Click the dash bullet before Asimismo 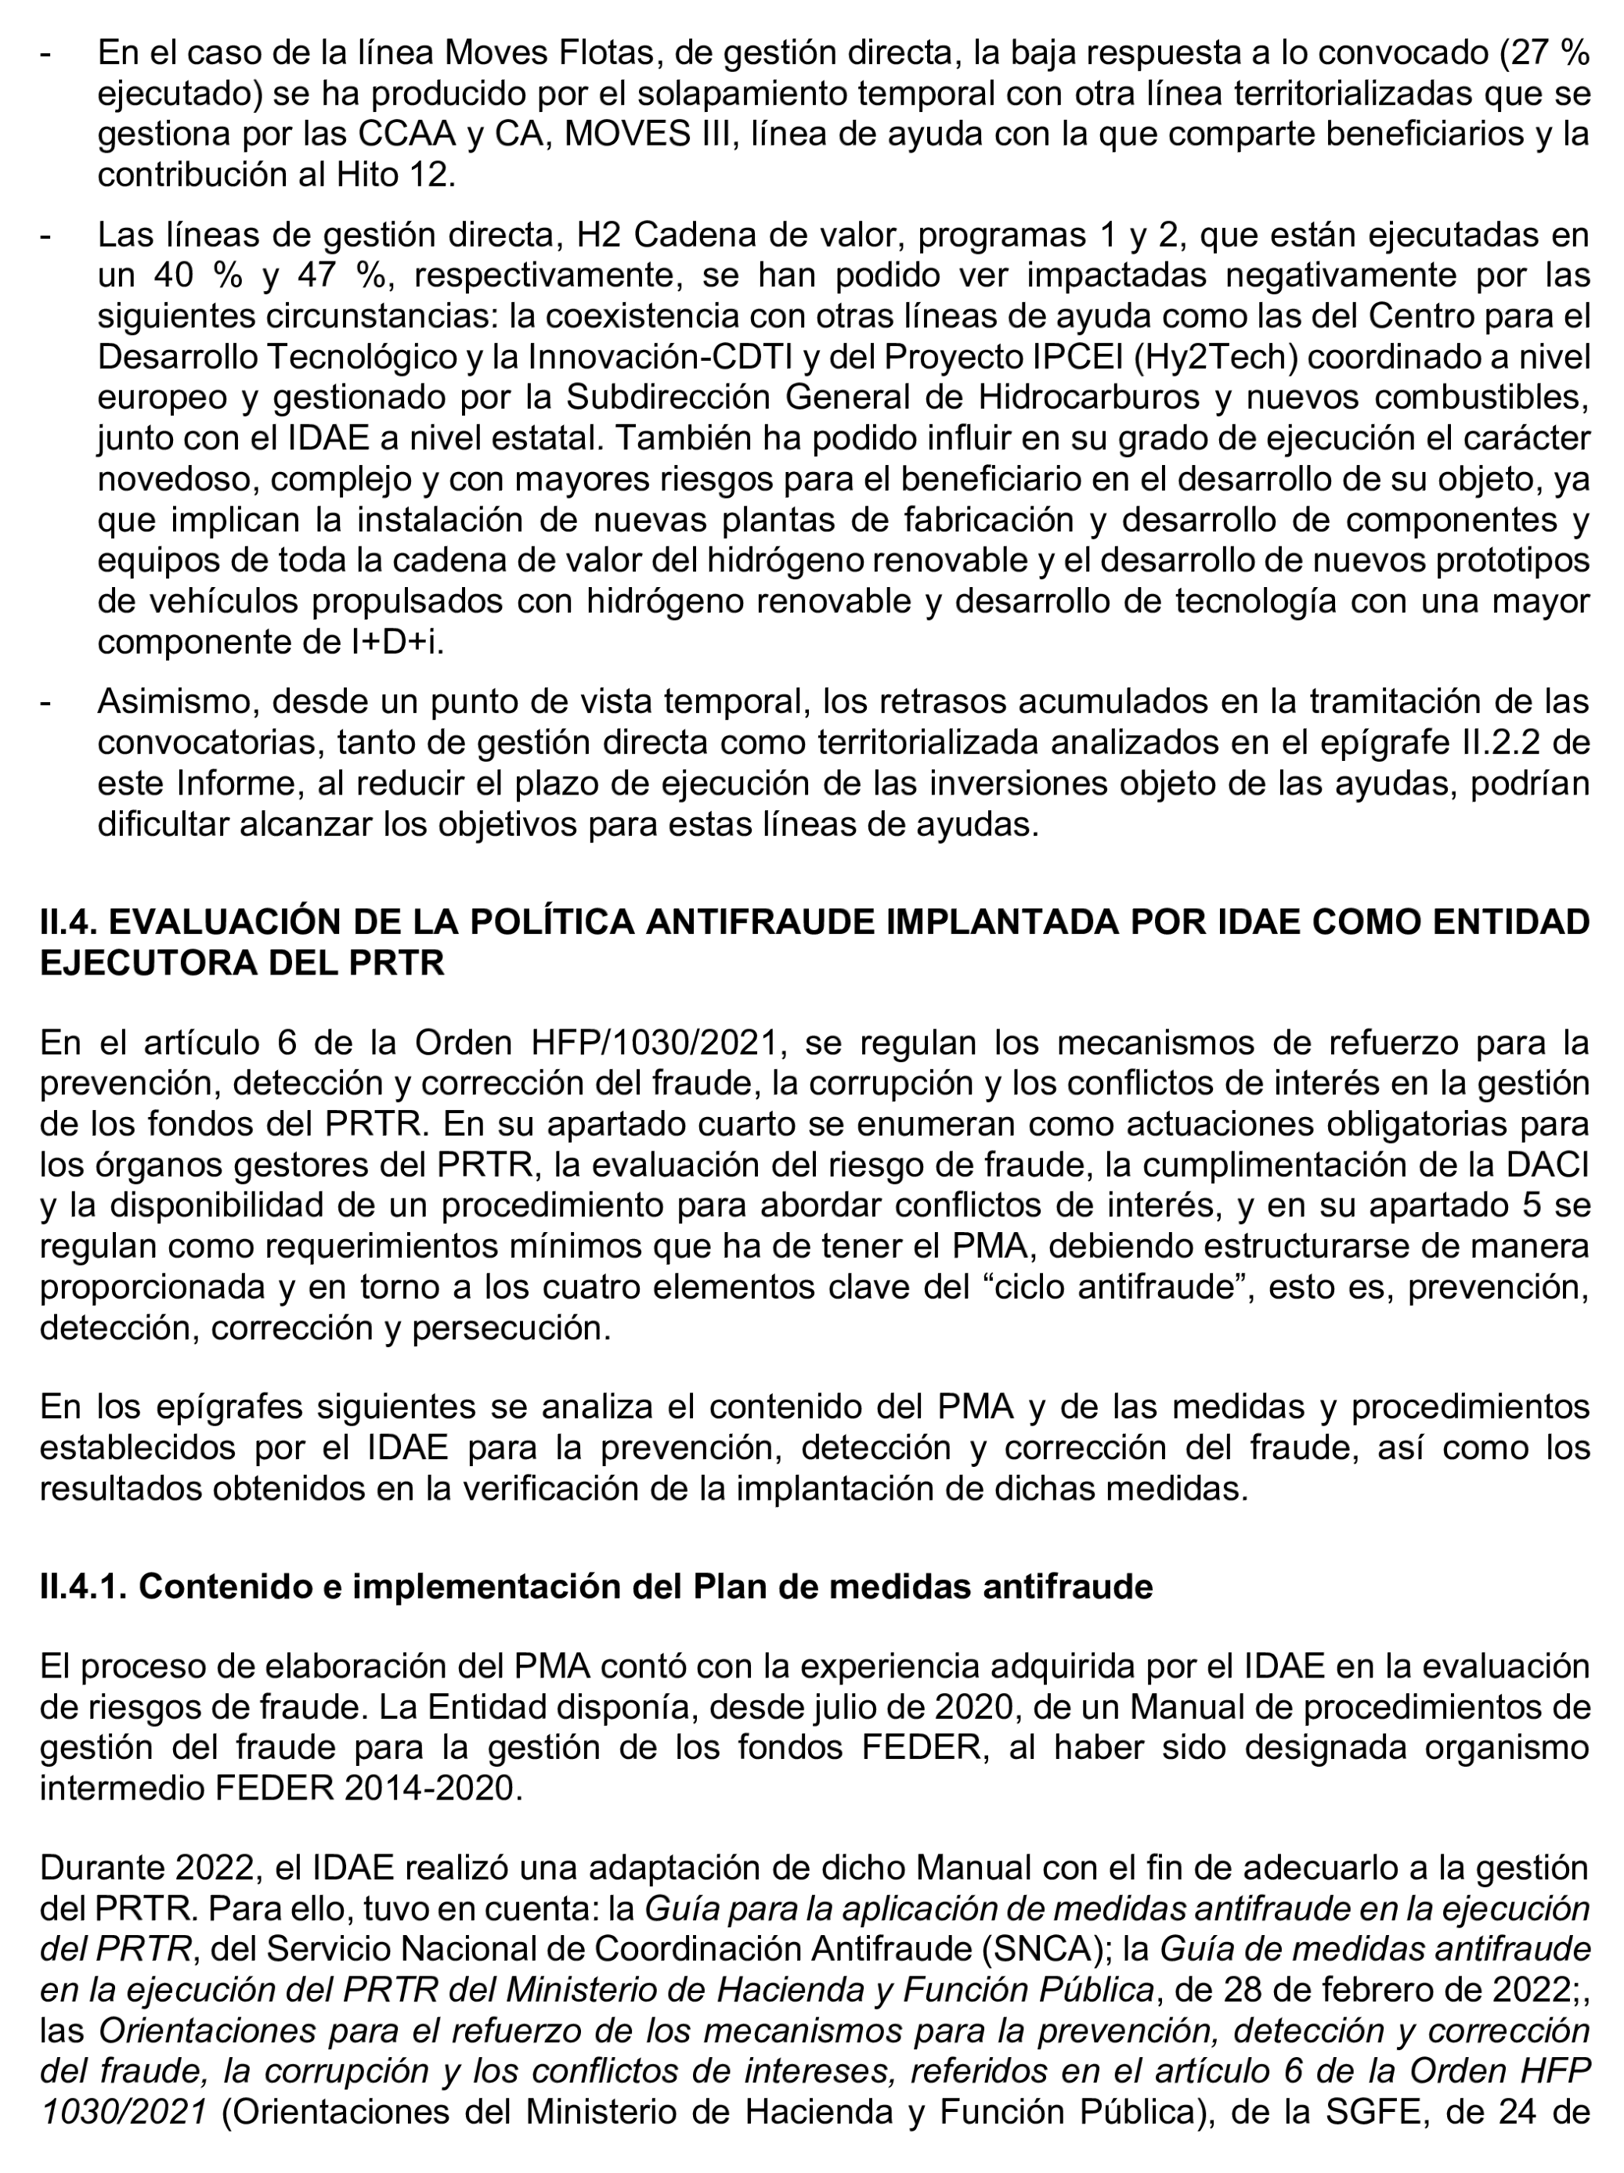coord(46,704)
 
